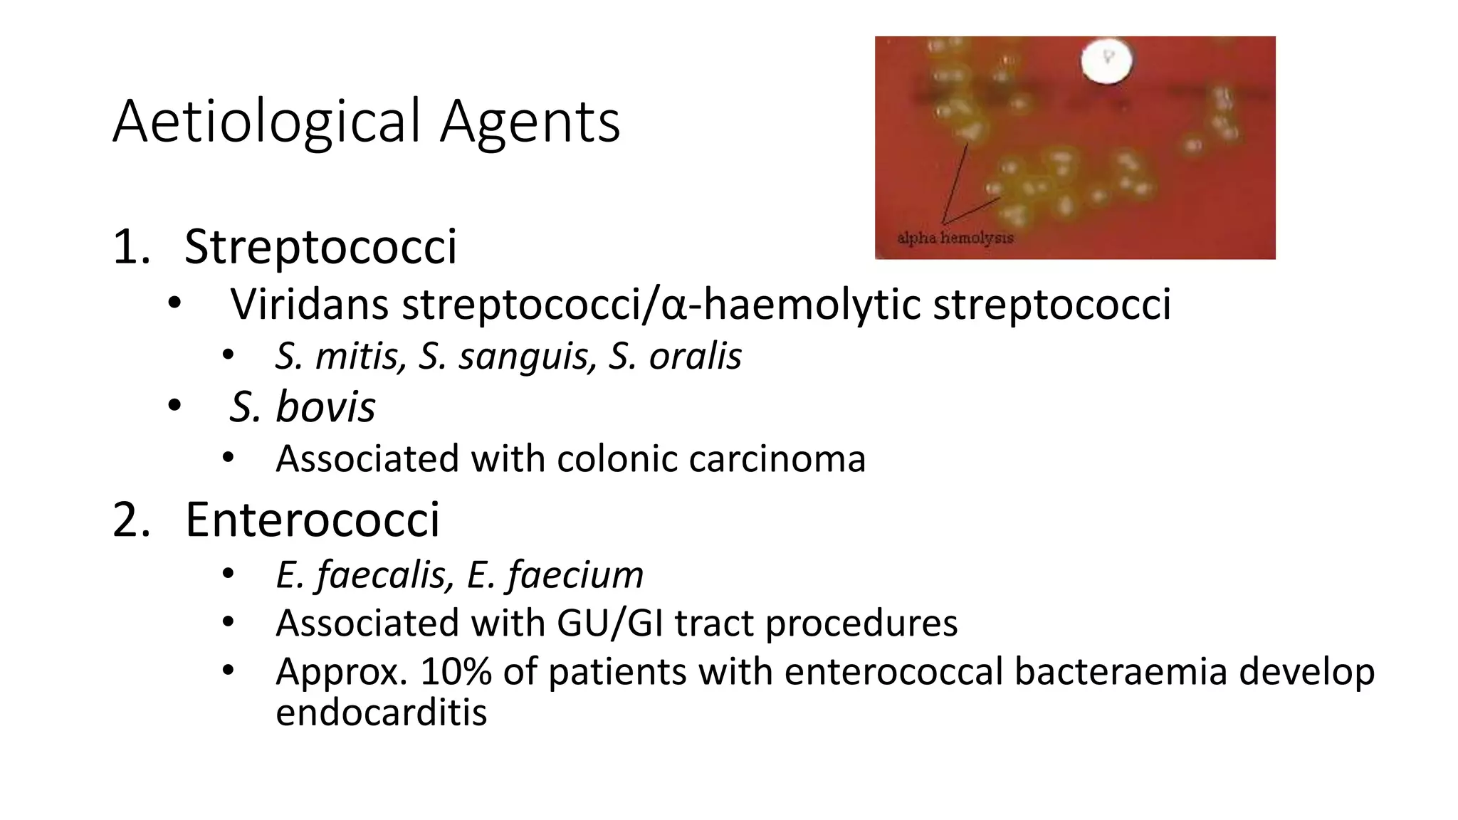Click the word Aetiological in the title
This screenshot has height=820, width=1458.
tap(267, 122)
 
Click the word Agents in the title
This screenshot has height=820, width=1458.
tap(530, 122)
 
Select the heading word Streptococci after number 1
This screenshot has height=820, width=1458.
tap(320, 247)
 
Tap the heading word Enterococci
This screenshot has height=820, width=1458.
tap(312, 520)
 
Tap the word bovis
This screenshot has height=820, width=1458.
tap(325, 407)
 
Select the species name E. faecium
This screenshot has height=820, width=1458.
tap(555, 574)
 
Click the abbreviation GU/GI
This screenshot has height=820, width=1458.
tap(610, 624)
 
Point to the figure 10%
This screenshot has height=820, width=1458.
tap(456, 672)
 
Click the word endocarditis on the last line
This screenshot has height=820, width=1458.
tap(381, 713)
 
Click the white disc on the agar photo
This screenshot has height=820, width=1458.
tap(1106, 60)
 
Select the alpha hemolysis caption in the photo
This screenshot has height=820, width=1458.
tap(955, 238)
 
